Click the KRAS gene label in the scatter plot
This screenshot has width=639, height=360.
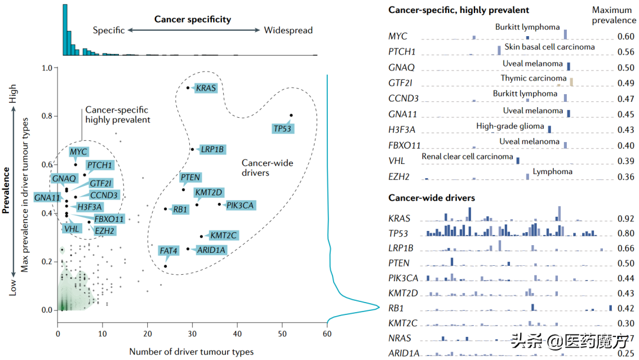point(206,89)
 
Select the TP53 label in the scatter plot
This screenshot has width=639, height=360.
point(283,128)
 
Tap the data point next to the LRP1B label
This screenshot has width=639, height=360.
point(192,149)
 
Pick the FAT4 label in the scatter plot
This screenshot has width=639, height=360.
point(169,251)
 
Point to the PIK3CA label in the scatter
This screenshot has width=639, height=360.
point(240,205)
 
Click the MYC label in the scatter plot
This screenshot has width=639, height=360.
point(79,152)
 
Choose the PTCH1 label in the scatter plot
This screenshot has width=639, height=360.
point(99,165)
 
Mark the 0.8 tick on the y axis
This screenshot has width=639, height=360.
point(48,116)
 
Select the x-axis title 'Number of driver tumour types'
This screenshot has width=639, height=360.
point(192,352)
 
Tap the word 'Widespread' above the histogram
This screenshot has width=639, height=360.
point(288,30)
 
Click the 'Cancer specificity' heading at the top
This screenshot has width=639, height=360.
point(193,20)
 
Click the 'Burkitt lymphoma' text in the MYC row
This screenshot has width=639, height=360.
point(527,27)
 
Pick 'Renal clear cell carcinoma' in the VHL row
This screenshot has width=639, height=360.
point(467,157)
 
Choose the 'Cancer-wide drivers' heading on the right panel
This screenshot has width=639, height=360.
point(432,198)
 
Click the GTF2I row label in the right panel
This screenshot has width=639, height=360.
point(401,83)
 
